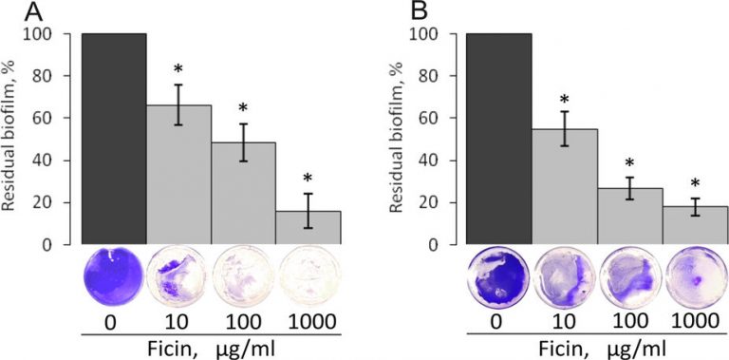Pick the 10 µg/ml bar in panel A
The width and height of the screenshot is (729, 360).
[x=178, y=175]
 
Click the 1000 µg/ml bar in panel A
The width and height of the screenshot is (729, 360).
[x=308, y=227]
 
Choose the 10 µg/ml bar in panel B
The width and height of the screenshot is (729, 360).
[x=565, y=186]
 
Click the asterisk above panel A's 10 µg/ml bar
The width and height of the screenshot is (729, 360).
[x=178, y=72]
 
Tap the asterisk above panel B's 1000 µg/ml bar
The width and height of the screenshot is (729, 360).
[x=695, y=184]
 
